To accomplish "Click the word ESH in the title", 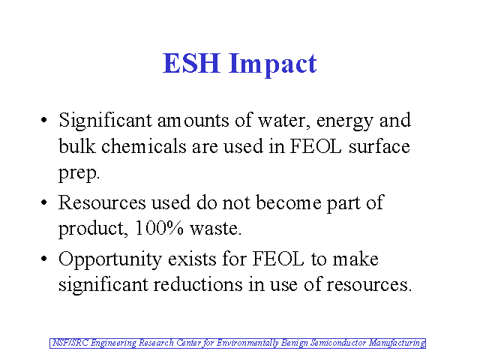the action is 191,63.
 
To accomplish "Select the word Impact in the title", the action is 273,64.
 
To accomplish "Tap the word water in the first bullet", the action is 282,120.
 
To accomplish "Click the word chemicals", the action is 143,145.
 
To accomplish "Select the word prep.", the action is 79,173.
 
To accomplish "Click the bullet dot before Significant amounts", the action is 44,120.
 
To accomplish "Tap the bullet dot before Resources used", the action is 44,202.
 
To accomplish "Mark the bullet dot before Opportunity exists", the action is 44,259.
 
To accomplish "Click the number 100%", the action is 159,228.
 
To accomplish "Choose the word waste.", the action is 216,229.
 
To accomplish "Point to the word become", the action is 289,202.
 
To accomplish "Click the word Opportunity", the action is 110,260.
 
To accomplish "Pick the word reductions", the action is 198,284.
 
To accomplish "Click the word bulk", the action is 76,145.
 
